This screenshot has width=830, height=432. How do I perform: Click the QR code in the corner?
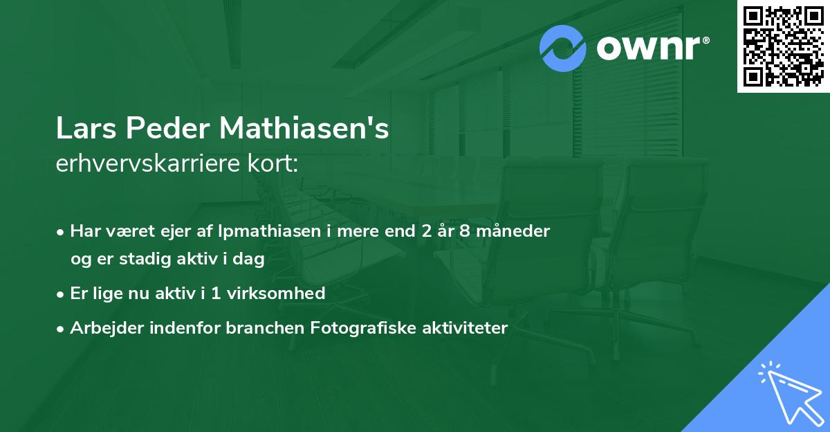[x=784, y=46]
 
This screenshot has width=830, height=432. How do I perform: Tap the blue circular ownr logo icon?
[x=563, y=48]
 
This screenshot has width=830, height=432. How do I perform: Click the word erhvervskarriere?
[x=151, y=164]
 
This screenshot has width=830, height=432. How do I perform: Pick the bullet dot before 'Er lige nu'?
[x=62, y=294]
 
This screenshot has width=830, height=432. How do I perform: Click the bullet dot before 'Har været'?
[x=62, y=232]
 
